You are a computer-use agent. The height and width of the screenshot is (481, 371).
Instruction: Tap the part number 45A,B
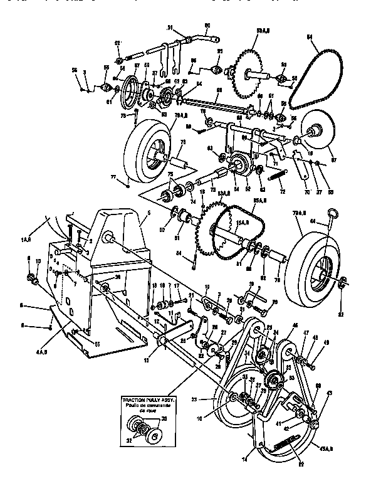pyautogui.click(x=325, y=448)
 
